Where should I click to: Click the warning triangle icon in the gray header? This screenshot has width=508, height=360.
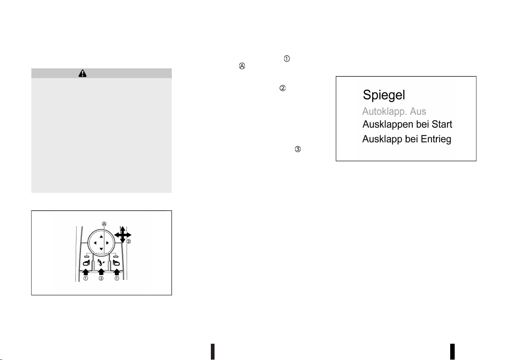83,73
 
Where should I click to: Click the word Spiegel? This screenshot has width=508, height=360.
384,95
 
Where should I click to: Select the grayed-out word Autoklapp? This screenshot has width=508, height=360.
383,112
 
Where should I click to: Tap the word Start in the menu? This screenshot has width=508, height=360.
442,124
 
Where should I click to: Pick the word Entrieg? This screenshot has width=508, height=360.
436,139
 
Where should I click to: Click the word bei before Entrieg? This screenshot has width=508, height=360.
412,139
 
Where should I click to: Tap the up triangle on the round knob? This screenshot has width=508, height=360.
101,236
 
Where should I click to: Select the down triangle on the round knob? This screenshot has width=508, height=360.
101,249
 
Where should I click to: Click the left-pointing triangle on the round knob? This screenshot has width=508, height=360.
95,243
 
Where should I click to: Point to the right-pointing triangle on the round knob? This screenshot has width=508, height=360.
107,243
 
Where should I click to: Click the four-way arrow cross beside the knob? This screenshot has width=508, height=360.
123,235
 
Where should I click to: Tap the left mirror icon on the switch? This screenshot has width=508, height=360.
86,263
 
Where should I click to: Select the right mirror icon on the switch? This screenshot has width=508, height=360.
116,263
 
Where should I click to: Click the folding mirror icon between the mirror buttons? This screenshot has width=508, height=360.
101,263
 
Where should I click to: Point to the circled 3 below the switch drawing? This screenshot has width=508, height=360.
101,278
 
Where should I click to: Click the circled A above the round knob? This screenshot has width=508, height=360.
104,224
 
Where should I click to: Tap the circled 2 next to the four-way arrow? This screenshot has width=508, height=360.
129,242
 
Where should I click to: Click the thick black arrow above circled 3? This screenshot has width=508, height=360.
101,272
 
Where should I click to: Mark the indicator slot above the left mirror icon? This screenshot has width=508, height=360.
86,257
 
